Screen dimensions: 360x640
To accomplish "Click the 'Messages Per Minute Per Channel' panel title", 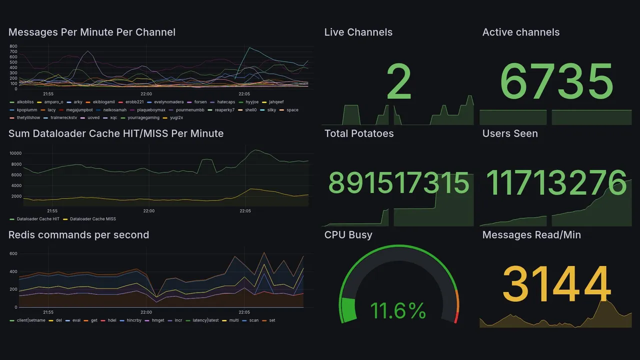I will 92,32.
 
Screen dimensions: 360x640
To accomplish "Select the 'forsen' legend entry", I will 200,102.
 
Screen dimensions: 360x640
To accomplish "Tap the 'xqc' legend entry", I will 113,118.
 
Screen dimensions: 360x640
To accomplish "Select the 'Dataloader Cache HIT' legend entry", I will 38,219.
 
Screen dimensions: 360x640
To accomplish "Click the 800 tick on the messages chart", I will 13,46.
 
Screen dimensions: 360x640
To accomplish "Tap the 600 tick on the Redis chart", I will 13,254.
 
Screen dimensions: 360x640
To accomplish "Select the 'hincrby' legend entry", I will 133,320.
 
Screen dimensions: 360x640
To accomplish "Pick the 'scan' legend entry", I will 254,320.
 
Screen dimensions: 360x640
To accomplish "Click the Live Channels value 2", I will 398,82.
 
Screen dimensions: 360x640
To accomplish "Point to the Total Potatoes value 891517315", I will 398,182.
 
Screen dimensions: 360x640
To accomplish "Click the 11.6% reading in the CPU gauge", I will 398,310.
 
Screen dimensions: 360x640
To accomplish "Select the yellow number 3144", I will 556,284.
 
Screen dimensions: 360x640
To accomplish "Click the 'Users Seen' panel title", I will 510,133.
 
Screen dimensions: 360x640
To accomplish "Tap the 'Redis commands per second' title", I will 79,235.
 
